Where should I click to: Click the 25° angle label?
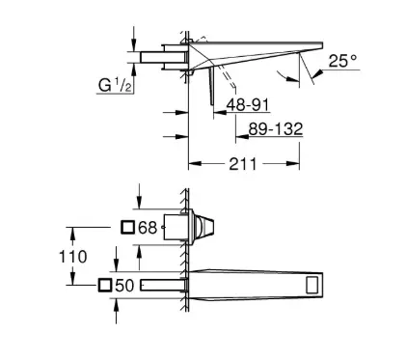(342, 61)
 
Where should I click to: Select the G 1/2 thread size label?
(115, 85)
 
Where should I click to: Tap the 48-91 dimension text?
(248, 104)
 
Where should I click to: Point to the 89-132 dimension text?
(276, 129)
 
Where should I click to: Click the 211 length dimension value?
(243, 164)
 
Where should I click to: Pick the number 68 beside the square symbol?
(148, 228)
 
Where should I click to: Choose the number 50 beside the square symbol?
(124, 285)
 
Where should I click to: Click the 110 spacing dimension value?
(73, 257)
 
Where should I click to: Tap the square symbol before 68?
(127, 228)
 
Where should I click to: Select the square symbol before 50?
(105, 285)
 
